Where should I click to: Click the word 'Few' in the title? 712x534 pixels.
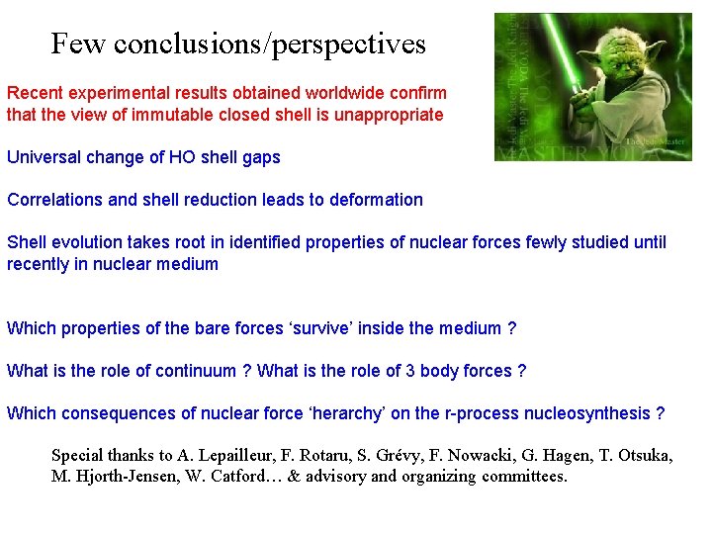click(x=79, y=44)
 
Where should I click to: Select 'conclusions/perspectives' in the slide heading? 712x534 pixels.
click(x=270, y=44)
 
